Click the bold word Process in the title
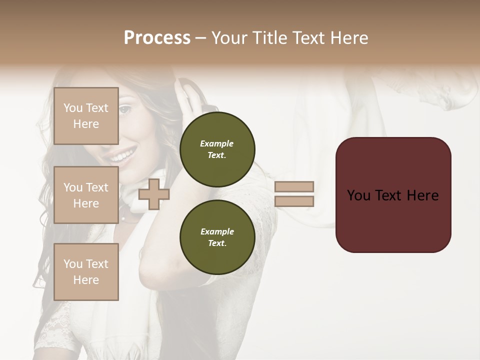pyautogui.click(x=157, y=38)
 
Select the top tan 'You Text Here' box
pyautogui.click(x=86, y=116)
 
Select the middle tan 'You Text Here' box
pyautogui.click(x=86, y=195)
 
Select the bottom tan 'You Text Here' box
pyautogui.click(x=86, y=271)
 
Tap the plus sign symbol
pyautogui.click(x=153, y=194)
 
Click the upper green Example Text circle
pyautogui.click(x=217, y=149)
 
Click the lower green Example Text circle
pyautogui.click(x=217, y=237)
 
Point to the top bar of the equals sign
pyautogui.click(x=294, y=187)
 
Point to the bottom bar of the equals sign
pyautogui.click(x=294, y=201)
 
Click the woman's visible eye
pyautogui.click(x=125, y=108)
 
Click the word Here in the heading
pyautogui.click(x=349, y=38)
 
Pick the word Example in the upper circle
pyautogui.click(x=217, y=143)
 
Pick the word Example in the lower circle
pyautogui.click(x=217, y=231)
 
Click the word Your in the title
pyautogui.click(x=229, y=38)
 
